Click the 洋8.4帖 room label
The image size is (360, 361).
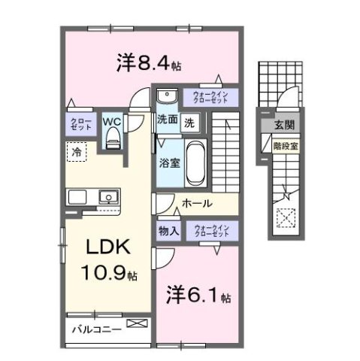(147, 64)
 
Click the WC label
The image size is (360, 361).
(112, 120)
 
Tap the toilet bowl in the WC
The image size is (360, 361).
(113, 136)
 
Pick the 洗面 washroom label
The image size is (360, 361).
(166, 120)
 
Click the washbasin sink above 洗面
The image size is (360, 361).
(167, 97)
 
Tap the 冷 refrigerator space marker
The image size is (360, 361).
(76, 152)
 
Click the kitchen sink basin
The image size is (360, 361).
(109, 198)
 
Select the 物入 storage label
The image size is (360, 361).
(168, 231)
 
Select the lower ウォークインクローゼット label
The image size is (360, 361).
(210, 231)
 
